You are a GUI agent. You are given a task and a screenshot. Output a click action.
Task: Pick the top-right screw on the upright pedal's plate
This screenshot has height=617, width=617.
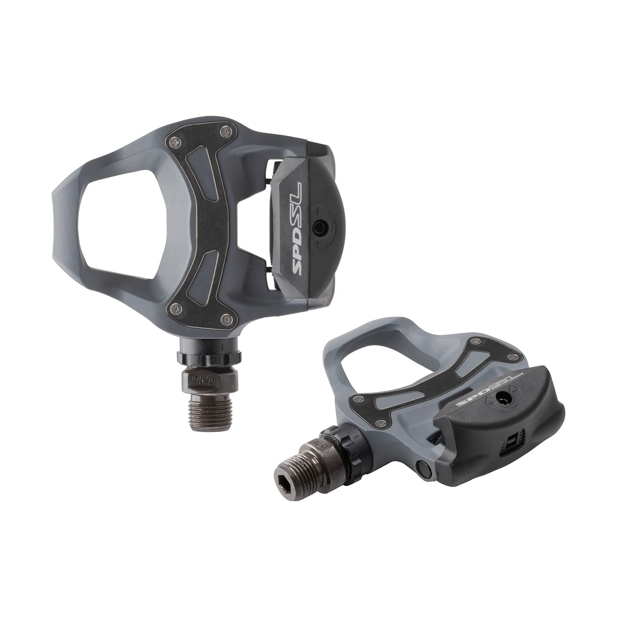(225, 132)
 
